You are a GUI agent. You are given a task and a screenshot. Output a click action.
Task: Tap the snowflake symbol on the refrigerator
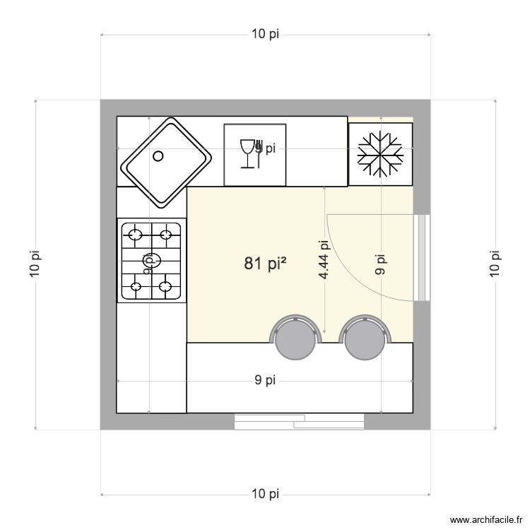380,153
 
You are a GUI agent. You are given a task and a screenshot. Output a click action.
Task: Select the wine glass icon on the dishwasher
248,154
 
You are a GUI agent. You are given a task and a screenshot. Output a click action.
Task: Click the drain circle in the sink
159,156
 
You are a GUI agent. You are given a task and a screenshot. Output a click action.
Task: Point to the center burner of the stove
151,259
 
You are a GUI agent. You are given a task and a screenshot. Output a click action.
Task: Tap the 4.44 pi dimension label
324,259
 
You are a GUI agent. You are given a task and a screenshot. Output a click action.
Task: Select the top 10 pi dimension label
265,35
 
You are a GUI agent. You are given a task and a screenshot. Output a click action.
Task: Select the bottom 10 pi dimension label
265,493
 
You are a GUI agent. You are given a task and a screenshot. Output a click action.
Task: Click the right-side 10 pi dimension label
495,264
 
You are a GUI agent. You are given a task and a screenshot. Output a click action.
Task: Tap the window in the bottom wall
299,422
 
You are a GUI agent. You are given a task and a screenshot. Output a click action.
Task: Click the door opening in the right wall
422,257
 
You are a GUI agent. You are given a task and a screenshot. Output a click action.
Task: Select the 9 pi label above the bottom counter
265,381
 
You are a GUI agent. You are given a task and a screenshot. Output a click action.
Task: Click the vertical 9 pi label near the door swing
381,264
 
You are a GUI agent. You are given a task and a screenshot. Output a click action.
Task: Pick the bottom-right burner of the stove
167,286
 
